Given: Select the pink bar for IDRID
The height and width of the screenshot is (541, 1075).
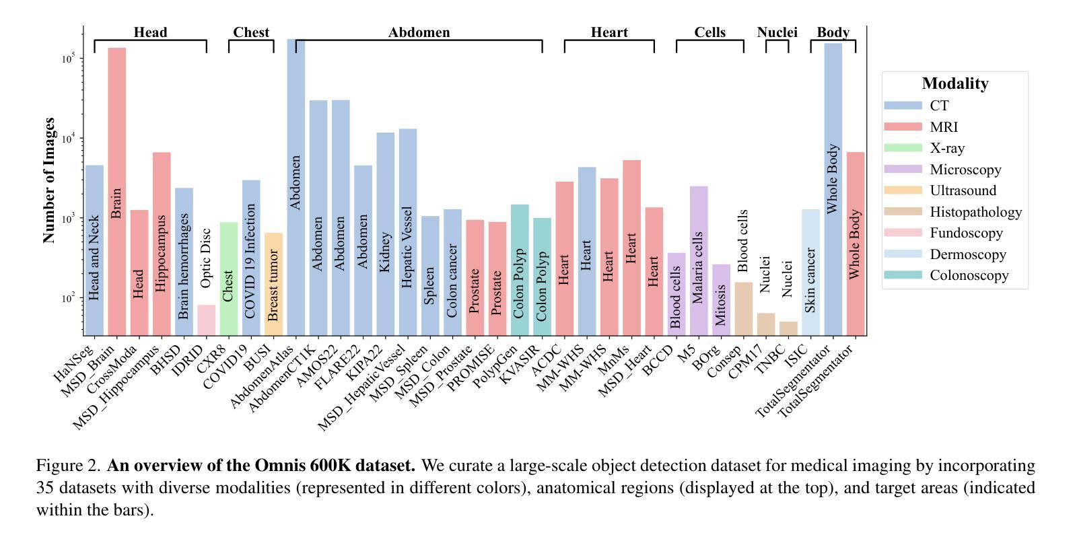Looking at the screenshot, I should (206, 320).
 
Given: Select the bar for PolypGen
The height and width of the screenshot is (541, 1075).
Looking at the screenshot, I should (520, 269).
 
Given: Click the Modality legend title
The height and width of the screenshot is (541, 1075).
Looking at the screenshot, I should (955, 84).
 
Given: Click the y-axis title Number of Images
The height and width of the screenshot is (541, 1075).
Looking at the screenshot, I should (48, 180).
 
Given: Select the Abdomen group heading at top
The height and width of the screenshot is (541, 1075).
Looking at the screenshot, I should (419, 32).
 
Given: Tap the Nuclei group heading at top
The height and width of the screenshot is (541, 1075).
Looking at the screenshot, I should (777, 32).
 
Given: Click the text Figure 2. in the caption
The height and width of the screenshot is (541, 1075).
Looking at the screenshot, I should (68, 466).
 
